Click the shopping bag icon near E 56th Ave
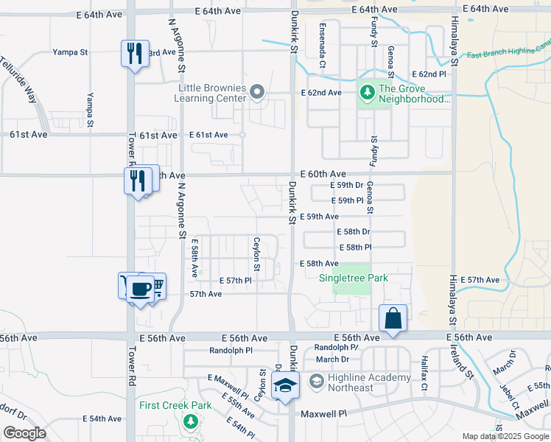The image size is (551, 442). (393, 319)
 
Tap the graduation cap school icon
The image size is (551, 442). (284, 386)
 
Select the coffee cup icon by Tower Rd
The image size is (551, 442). (140, 287)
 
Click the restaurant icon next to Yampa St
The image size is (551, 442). (135, 54)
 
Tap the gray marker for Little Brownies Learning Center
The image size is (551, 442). (257, 92)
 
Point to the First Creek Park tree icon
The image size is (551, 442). (191, 421)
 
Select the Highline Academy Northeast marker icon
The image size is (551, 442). (317, 382)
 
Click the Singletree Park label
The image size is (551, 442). (353, 278)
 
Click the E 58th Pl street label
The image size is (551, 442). (354, 248)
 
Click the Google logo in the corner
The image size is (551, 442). (25, 433)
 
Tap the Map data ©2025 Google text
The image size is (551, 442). (505, 436)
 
